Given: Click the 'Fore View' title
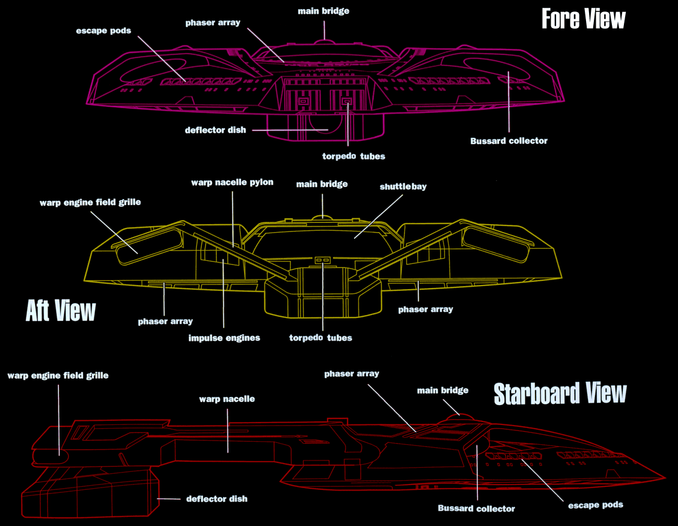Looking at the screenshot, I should [583, 19].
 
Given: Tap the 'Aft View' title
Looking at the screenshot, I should [61, 311].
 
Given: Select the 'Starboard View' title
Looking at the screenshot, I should [560, 393].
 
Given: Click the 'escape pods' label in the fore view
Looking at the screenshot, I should [103, 30].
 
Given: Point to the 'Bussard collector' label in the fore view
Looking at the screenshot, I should [508, 141].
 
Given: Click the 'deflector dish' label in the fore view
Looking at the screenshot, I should [216, 130].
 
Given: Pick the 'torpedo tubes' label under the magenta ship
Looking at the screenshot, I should [349, 156].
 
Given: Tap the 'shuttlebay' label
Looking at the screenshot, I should [403, 186].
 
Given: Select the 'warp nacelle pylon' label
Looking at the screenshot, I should [232, 182].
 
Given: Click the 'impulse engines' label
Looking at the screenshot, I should [224, 338].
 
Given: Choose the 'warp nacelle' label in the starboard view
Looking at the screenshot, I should [227, 399].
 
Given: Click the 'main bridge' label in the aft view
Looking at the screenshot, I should [322, 184].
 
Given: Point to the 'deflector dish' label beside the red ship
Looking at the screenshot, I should [216, 498].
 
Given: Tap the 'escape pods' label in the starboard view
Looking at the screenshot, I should [595, 504].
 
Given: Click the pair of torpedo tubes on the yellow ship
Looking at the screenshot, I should [323, 260].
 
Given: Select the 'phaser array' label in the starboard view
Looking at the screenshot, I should [352, 373].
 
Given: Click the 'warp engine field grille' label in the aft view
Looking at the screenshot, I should [90, 202].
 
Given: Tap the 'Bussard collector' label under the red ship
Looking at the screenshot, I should [476, 509].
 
